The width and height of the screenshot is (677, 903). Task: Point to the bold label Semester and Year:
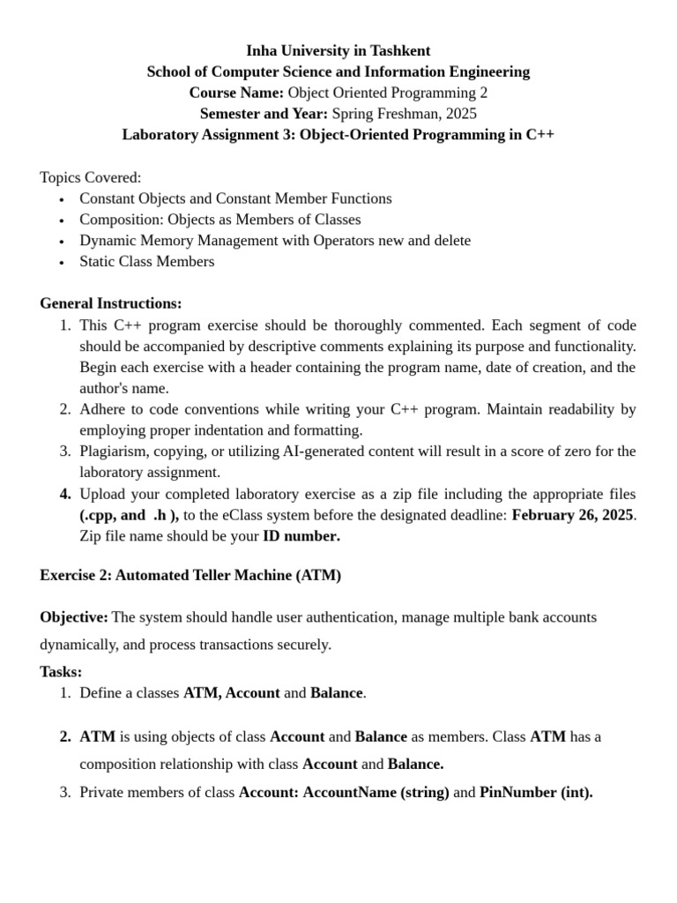[264, 114]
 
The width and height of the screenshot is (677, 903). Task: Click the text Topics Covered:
[90, 177]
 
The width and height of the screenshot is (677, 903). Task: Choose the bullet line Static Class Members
[146, 262]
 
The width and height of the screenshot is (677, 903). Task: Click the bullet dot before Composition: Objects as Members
[61, 220]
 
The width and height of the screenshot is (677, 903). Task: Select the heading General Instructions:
[111, 303]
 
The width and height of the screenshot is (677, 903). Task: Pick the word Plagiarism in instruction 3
[114, 451]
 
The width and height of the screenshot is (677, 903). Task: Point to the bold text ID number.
[301, 536]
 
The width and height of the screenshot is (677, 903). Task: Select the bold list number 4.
[65, 494]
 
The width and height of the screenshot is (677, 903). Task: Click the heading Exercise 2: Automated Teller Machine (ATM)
[190, 575]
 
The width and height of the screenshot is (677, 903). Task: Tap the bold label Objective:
[74, 617]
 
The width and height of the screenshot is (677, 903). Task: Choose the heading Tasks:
[61, 672]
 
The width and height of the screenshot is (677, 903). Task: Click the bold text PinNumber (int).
[536, 793]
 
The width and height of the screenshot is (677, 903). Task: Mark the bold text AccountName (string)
[376, 793]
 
